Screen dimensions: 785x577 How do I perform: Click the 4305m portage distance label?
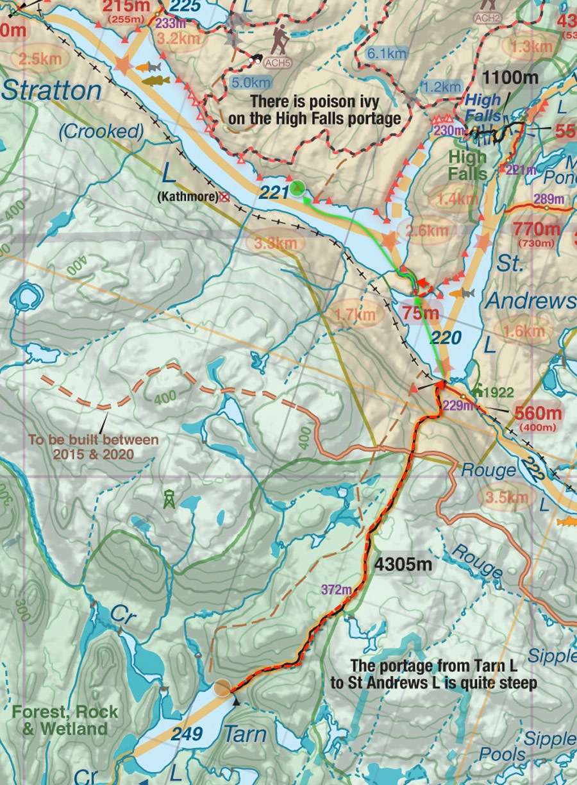[x=403, y=565]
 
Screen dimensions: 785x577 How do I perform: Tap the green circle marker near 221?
[x=297, y=188]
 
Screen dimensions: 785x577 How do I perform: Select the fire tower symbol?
[x=169, y=498]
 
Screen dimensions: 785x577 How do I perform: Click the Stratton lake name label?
[x=51, y=90]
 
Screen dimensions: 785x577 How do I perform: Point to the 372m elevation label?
[x=337, y=589]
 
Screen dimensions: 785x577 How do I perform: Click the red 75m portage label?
[x=421, y=314]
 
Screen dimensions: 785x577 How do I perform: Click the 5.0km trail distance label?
[x=252, y=83]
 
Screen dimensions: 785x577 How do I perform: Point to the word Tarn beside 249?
[x=244, y=734]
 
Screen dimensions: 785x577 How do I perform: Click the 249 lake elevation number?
[x=187, y=732]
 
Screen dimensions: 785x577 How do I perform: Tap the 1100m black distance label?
[x=510, y=79]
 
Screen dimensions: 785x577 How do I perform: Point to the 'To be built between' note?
[x=93, y=440]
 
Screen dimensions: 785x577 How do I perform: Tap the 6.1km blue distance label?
[x=387, y=54]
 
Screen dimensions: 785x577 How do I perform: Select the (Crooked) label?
[x=101, y=131]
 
